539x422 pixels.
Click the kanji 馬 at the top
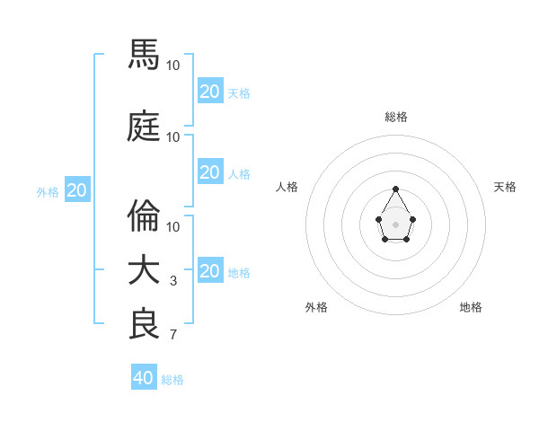coord(145,55)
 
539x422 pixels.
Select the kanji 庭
coord(145,127)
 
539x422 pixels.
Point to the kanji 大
coord(145,270)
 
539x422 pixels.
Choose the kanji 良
coord(145,324)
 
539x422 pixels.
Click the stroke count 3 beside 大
coord(173,281)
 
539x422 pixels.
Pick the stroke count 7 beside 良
coord(173,335)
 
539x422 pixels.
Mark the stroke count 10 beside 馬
coord(173,66)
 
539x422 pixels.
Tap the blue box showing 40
coord(144,378)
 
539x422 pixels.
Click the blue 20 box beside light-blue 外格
coord(77,190)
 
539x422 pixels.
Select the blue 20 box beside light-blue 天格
coord(209,92)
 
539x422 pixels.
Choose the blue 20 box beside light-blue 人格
coord(209,172)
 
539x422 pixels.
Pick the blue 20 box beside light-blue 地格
coord(209,271)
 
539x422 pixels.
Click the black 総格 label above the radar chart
coord(396,117)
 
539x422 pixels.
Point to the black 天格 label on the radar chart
coord(505,187)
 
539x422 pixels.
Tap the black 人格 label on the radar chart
coord(287,187)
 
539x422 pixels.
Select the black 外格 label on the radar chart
coord(316,307)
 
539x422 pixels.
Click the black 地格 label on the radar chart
coord(471,307)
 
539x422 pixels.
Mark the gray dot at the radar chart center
coord(395,224)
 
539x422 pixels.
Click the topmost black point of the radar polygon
coord(395,189)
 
